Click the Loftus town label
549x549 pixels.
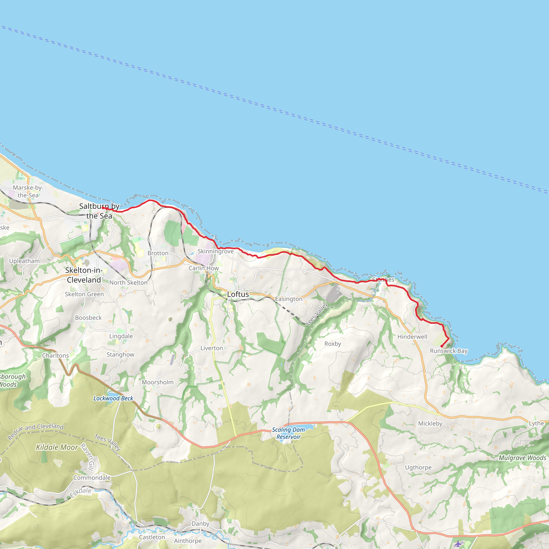(238, 294)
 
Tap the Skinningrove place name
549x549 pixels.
(216, 251)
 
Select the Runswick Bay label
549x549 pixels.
(448, 351)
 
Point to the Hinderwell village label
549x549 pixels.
(412, 337)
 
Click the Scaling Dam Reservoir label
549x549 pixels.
(288, 433)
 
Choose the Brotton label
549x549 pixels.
(158, 253)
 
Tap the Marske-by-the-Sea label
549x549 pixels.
(28, 191)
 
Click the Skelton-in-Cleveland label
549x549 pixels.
(84, 275)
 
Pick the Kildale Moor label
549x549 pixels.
(57, 448)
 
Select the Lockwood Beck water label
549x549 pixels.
(113, 398)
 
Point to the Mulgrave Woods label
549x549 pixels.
(522, 458)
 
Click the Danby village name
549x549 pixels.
(200, 524)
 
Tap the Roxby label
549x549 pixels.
(332, 344)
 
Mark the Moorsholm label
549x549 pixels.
(157, 382)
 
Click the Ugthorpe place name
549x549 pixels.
(418, 468)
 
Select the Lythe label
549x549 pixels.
(536, 423)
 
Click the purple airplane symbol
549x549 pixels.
(458, 544)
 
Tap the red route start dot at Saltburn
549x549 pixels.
(103, 208)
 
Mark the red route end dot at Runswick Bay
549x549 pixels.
(441, 346)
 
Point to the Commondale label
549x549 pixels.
(92, 478)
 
